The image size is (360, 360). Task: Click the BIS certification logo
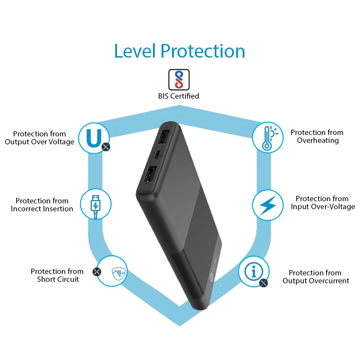pyautogui.click(x=179, y=80)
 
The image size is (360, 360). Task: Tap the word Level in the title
pyautogui.click(x=135, y=51)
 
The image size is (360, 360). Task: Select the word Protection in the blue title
pyautogui.click(x=203, y=51)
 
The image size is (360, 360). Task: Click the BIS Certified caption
pyautogui.click(x=179, y=96)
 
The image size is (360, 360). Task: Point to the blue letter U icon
pyautogui.click(x=94, y=138)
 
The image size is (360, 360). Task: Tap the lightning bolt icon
pyautogui.click(x=268, y=205)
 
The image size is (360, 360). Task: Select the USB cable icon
pyautogui.click(x=95, y=206)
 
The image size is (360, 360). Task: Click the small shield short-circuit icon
pyautogui.click(x=118, y=273)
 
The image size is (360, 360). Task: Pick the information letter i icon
pyautogui.click(x=254, y=271)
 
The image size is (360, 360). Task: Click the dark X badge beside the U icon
pyautogui.click(x=106, y=147)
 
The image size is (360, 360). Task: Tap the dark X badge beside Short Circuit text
pyautogui.click(x=97, y=272)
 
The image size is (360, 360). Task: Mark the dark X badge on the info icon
pyautogui.click(x=264, y=283)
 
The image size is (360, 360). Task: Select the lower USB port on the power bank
pyautogui.click(x=150, y=175)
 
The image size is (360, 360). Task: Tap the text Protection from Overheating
pyautogui.click(x=317, y=136)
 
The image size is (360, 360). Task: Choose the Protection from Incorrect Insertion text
pyautogui.click(x=42, y=205)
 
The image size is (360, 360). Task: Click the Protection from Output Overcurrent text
pyautogui.click(x=316, y=276)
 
